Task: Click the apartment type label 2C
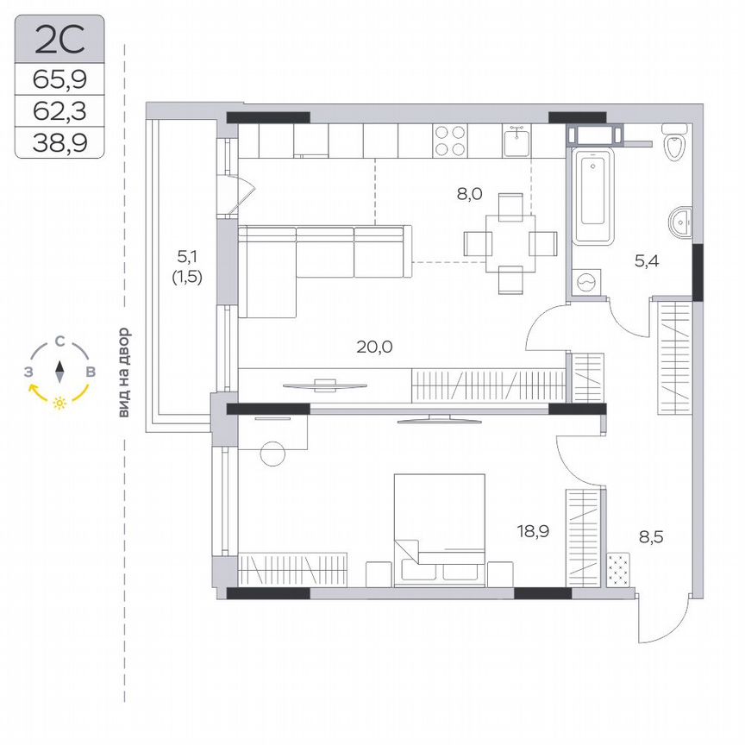pyautogui.click(x=59, y=38)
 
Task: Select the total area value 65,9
pyautogui.click(x=59, y=80)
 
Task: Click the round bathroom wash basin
pyautogui.click(x=681, y=222)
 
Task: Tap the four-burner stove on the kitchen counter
pyautogui.click(x=450, y=141)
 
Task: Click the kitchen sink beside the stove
pyautogui.click(x=517, y=139)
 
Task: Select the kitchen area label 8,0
pyautogui.click(x=469, y=194)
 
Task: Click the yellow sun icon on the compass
pyautogui.click(x=59, y=403)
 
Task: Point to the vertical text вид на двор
pyautogui.click(x=124, y=372)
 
